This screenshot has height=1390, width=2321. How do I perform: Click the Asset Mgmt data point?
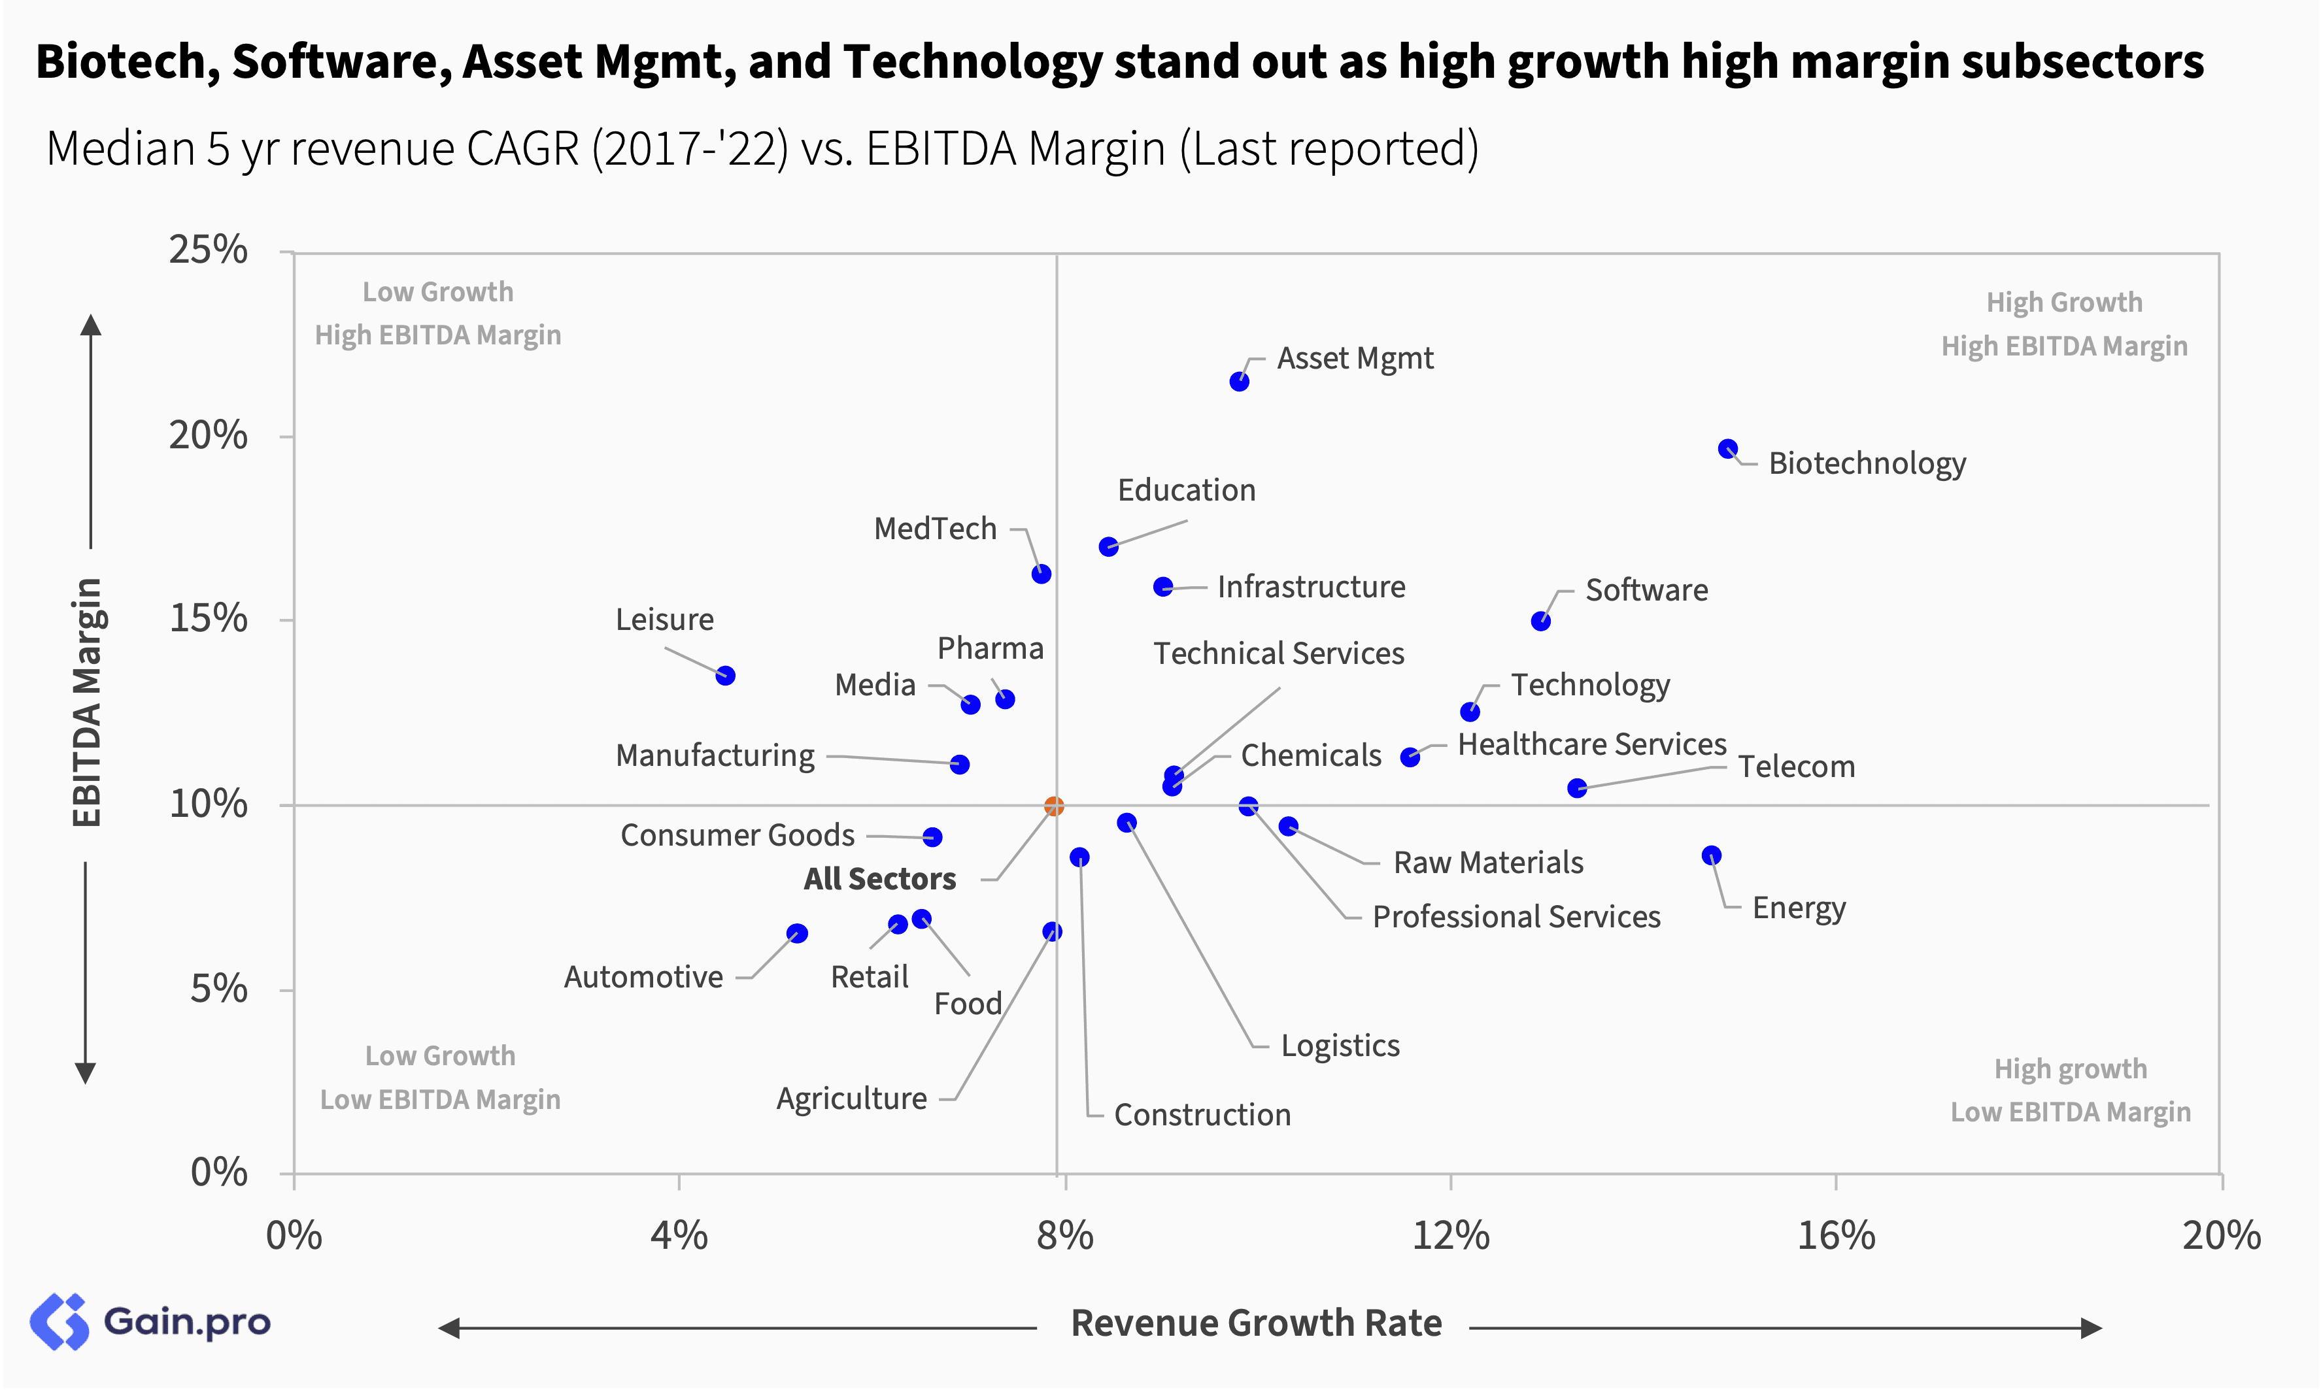click(x=1239, y=381)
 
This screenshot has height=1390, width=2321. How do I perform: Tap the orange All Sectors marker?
click(x=1054, y=806)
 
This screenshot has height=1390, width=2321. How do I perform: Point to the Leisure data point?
click(x=725, y=675)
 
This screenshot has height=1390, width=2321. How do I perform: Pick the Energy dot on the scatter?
click(x=1712, y=855)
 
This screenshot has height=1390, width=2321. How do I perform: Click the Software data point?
click(x=1540, y=621)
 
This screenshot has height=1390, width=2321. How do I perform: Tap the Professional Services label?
click(x=1516, y=917)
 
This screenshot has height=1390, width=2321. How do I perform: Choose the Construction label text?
click(x=1202, y=1115)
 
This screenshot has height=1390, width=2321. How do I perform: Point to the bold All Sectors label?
click(x=880, y=878)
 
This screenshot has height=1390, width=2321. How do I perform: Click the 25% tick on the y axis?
click(x=208, y=250)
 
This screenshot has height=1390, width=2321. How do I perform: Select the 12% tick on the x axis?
click(x=1451, y=1236)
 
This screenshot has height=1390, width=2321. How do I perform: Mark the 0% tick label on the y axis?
click(x=219, y=1172)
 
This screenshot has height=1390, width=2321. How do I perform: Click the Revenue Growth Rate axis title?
click(x=1257, y=1323)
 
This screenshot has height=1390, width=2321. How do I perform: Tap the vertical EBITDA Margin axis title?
click(x=87, y=703)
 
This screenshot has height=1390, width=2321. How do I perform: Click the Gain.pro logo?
click(x=150, y=1321)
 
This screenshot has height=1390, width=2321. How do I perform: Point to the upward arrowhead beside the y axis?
click(x=90, y=325)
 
